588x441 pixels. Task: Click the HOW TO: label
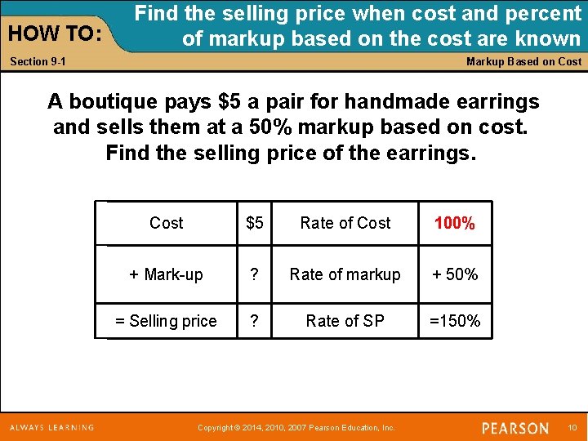coord(54,33)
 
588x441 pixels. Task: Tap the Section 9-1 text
coord(38,62)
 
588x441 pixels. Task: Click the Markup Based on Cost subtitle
coord(523,61)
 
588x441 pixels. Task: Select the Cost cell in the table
coord(167,223)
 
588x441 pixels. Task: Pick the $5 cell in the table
coord(255,223)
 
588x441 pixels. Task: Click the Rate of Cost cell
coord(345,223)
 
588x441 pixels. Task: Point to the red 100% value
coord(455,224)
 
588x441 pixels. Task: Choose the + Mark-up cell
coord(166,274)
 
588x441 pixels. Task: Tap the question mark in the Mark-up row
coord(255,274)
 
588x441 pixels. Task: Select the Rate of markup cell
coord(345,274)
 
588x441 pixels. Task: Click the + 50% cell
coord(455,274)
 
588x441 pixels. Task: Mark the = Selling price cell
coord(166,321)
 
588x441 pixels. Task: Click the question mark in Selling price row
coord(255,321)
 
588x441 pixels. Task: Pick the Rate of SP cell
coord(345,321)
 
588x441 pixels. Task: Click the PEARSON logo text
coord(514,428)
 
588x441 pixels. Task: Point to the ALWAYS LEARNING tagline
coord(52,427)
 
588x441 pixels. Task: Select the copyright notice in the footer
coord(297,428)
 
